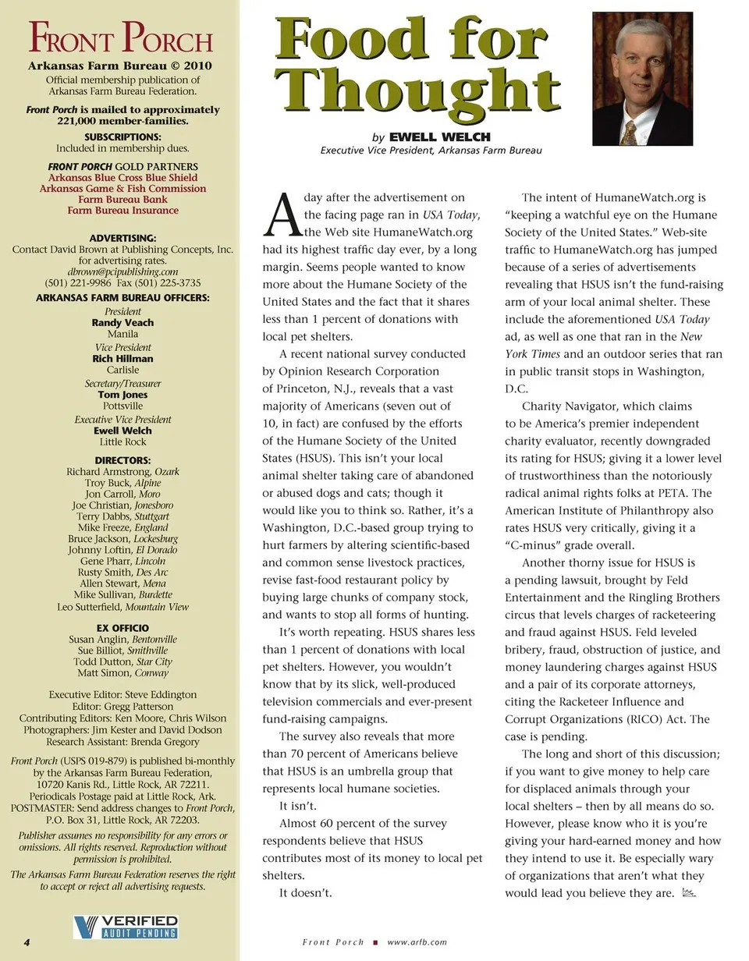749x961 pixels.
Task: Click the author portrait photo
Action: (x=642, y=78)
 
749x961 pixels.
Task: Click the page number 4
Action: (x=27, y=942)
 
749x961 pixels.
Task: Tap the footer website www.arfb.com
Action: (x=417, y=942)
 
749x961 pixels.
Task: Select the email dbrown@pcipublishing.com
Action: (x=122, y=271)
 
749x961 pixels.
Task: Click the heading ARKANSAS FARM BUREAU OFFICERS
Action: (x=122, y=298)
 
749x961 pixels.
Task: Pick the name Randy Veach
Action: (x=122, y=322)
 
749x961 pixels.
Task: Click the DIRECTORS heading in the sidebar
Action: (x=122, y=460)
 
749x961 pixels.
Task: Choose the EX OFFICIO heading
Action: (x=122, y=628)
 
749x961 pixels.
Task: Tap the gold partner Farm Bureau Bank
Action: (x=122, y=199)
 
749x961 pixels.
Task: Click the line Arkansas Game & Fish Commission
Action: (x=122, y=188)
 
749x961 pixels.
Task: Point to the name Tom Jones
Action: (x=122, y=395)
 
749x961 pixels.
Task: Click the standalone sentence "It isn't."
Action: (x=298, y=806)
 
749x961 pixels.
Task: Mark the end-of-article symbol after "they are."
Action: (x=688, y=892)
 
